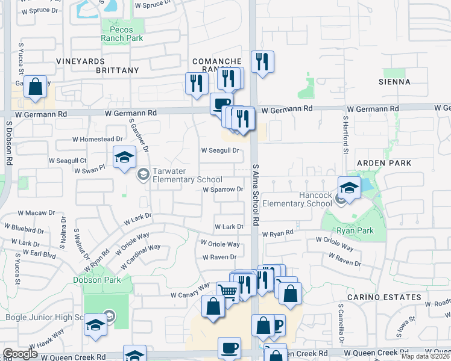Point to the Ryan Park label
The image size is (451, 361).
[356, 231]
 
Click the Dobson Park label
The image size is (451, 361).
[97, 280]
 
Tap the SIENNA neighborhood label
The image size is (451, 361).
[394, 82]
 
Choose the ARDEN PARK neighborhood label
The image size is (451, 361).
[383, 163]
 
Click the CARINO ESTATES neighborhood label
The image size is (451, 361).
[384, 297]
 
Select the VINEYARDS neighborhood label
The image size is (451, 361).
[80, 61]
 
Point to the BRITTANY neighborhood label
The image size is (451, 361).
[117, 70]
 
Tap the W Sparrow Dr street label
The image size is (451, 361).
[222, 189]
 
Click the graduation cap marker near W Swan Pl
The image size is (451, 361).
[124, 158]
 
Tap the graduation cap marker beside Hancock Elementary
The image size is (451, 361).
[349, 188]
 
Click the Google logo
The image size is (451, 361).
[20, 354]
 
